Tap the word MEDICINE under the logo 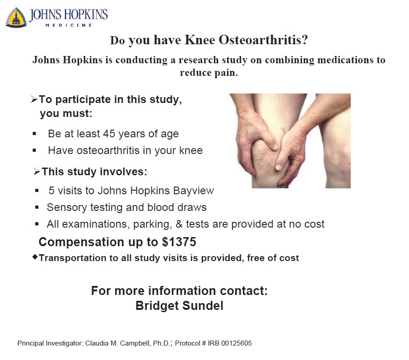coord(69,25)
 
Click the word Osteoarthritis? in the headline coord(263,40)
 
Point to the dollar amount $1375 coord(179,242)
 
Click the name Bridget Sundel coord(179,306)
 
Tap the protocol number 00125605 coord(234,343)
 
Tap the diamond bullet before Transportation coord(35,257)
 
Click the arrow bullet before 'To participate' coord(34,100)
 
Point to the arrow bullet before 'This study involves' coord(37,172)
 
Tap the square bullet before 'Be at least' coord(35,134)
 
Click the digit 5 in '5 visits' coord(51,191)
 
